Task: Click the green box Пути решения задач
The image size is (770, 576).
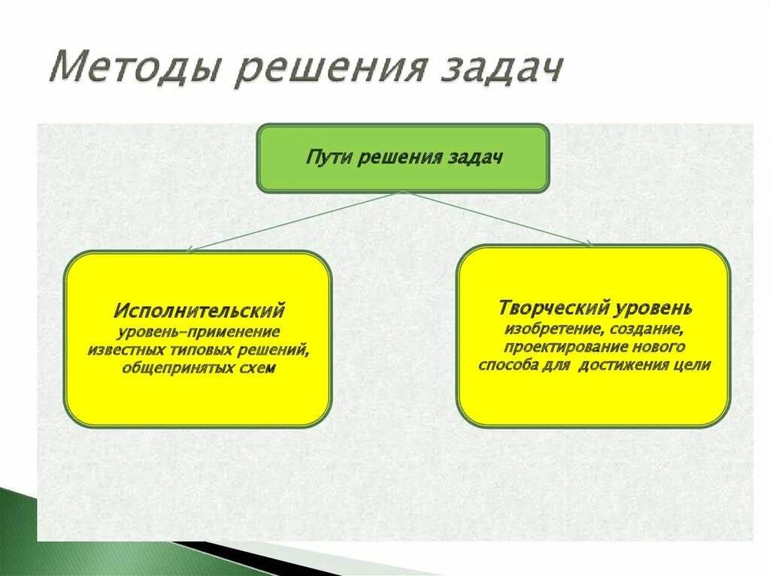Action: click(x=403, y=158)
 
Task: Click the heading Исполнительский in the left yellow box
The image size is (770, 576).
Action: click(x=199, y=310)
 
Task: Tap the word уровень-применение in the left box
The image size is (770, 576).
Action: click(x=199, y=331)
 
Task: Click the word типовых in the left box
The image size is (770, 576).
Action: click(x=205, y=350)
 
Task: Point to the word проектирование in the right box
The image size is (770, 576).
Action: click(x=568, y=348)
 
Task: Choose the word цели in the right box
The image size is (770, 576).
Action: click(x=693, y=366)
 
